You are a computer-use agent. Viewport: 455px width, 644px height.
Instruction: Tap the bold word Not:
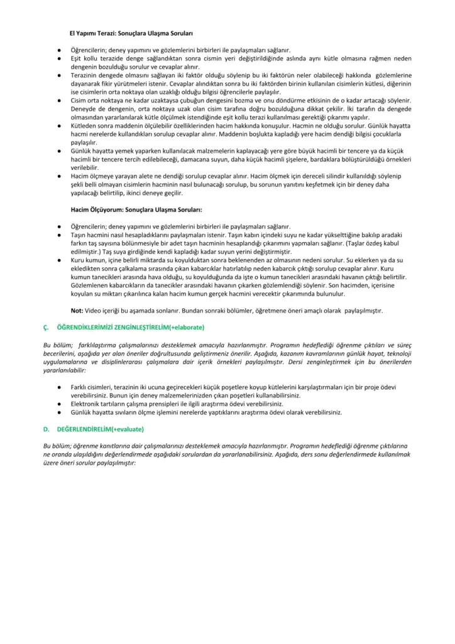[77, 310]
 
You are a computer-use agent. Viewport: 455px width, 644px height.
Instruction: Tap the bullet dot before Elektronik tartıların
[58, 404]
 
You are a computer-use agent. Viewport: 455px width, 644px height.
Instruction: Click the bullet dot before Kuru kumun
[58, 258]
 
